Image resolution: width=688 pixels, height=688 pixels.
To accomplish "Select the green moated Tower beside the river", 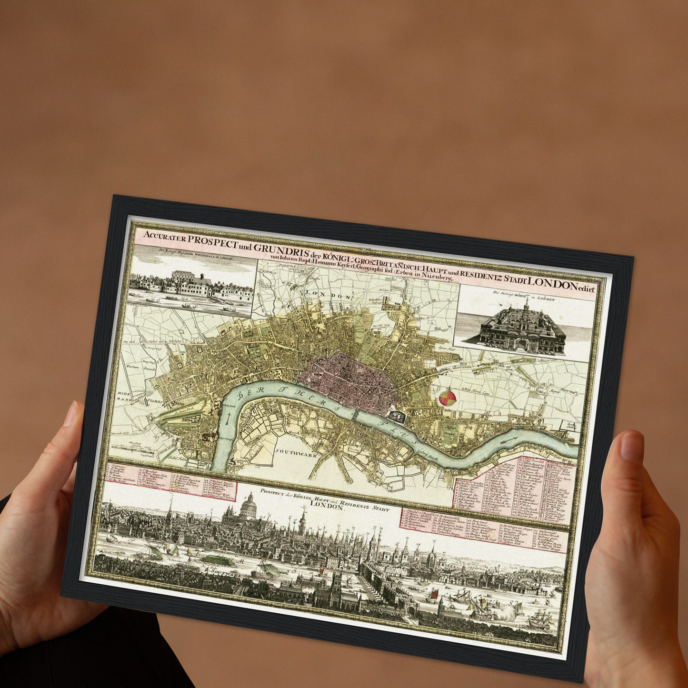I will click(x=396, y=416).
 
